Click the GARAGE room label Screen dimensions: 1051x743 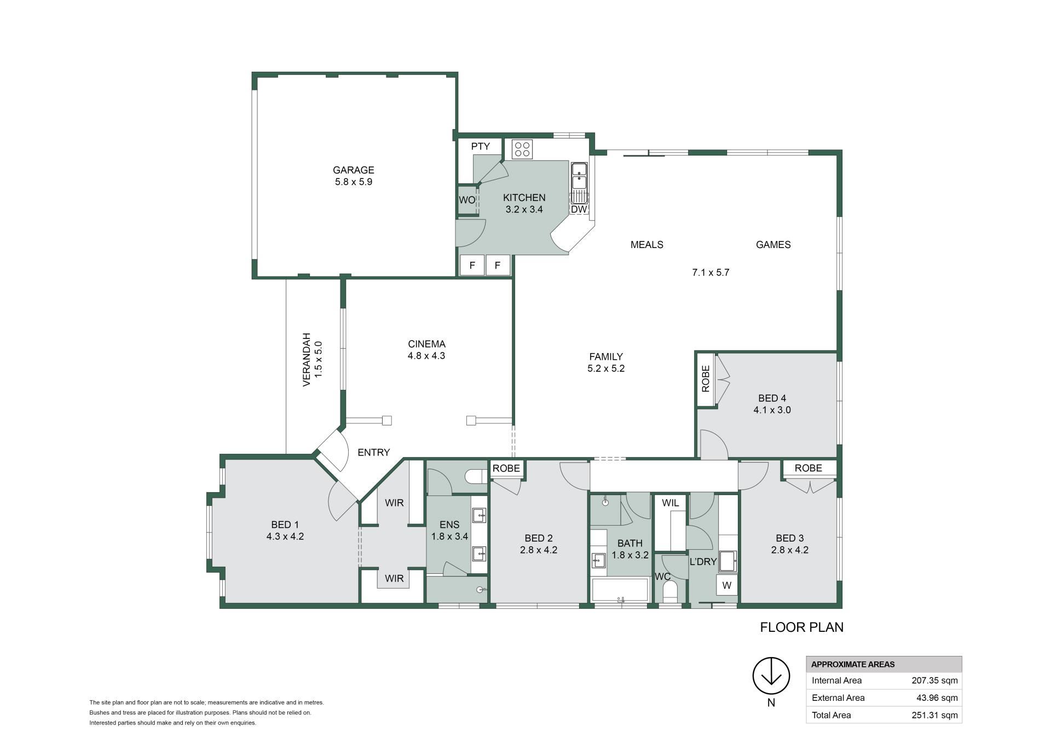click(354, 170)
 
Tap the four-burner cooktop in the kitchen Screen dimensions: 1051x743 click(522, 149)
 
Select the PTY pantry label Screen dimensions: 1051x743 click(480, 146)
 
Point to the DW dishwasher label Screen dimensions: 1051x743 click(579, 209)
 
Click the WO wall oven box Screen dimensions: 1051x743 click(466, 200)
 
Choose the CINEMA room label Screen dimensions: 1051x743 click(426, 344)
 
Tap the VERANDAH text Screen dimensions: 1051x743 click(307, 359)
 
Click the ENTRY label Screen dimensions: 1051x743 click(374, 452)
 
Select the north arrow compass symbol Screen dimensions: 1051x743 click(771, 676)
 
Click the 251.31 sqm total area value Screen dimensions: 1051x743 click(934, 715)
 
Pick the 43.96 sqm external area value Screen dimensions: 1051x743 click(937, 698)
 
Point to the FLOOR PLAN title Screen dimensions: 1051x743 click(801, 627)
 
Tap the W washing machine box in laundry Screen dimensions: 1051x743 click(726, 585)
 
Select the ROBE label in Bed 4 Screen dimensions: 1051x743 click(706, 379)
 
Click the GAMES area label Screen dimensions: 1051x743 click(773, 245)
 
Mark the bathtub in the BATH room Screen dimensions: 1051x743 click(620, 590)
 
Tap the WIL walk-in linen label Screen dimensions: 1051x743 click(670, 503)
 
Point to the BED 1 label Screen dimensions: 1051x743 click(285, 525)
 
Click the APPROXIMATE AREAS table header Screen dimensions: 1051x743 click(853, 665)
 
